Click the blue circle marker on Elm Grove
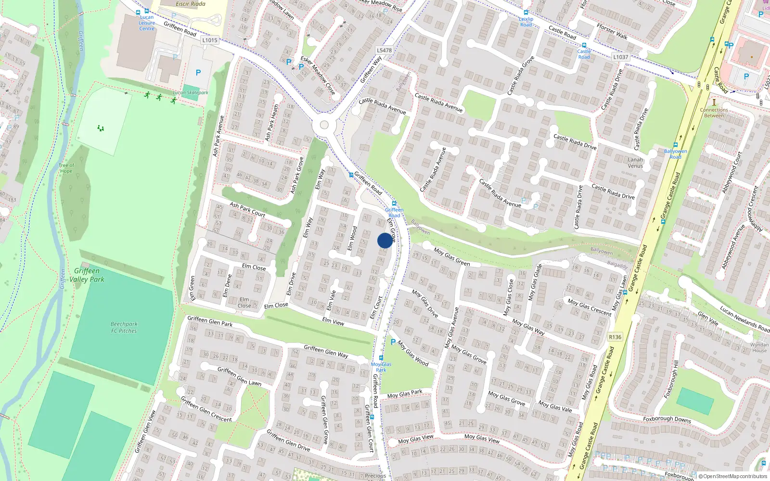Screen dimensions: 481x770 coord(385,240)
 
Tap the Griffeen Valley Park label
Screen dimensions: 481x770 coord(87,275)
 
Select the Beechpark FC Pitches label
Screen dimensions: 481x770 coord(124,328)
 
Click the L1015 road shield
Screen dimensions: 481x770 coord(210,40)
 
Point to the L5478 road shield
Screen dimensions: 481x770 coord(384,50)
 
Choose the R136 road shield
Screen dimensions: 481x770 coord(615,337)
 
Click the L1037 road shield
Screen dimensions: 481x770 coord(620,57)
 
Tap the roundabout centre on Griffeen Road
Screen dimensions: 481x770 coord(324,126)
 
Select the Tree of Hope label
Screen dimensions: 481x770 coord(66,168)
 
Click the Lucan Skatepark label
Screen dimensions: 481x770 coord(191,93)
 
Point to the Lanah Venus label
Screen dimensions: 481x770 coord(635,163)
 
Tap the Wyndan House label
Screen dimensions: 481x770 coord(759,347)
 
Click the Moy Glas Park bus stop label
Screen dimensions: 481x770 coord(381,367)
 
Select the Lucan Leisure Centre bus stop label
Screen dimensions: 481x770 coord(147,23)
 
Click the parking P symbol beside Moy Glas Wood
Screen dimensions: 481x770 coord(393,342)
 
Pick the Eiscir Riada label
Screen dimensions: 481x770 coord(191,4)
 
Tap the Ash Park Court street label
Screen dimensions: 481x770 coord(247,209)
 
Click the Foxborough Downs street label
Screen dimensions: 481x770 coord(667,419)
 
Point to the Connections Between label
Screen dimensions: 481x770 coord(714,113)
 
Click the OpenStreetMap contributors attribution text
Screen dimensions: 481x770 coord(733,477)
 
